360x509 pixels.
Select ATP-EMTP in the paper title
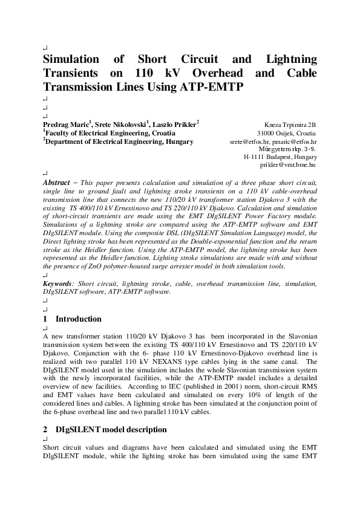point(211,86)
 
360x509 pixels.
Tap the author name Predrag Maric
point(67,125)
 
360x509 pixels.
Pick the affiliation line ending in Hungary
point(119,141)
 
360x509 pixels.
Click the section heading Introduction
point(79,319)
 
